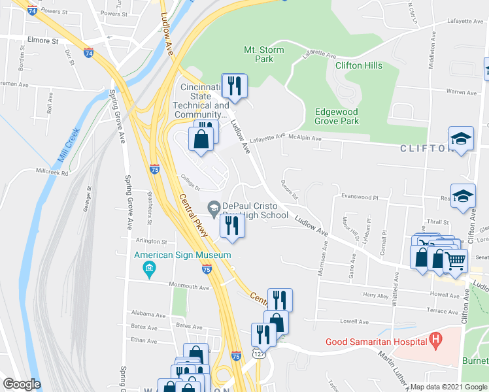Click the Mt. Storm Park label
(258, 54)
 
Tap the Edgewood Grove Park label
(337, 116)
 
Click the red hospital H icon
(435, 340)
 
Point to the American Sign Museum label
(183, 255)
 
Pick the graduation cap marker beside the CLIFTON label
(460, 139)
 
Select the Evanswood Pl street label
(356, 197)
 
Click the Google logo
(22, 384)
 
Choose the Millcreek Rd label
(52, 172)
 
